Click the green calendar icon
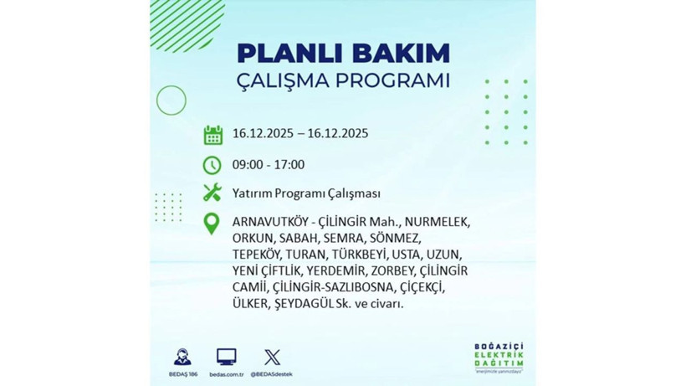tap(212, 135)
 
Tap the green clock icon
tap(212, 164)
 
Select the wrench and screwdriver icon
tap(212, 193)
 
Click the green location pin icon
tap(212, 224)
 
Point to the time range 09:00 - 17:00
tap(269, 164)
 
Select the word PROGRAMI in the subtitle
tap(392, 82)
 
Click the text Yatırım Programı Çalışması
tap(307, 193)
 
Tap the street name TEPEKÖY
tap(255, 255)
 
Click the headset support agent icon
tap(182, 356)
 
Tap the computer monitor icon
tap(226, 356)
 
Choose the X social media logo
tap(272, 356)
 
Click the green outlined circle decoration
tap(171, 100)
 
